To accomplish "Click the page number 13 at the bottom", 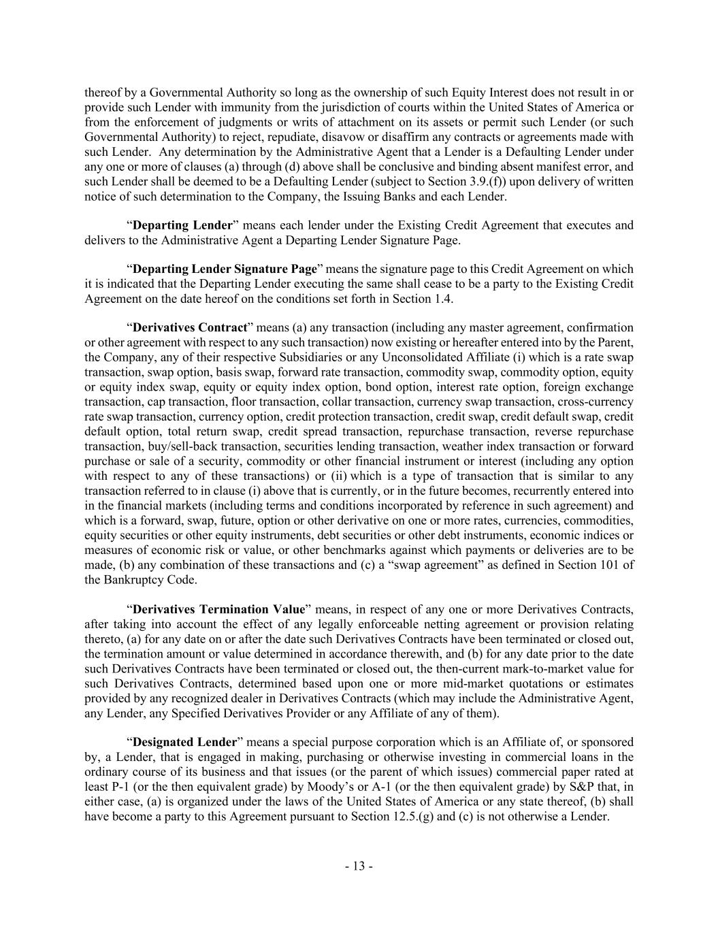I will click(x=359, y=866).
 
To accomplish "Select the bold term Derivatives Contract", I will click(x=189, y=327).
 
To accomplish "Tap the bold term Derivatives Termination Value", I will click(x=218, y=609).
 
